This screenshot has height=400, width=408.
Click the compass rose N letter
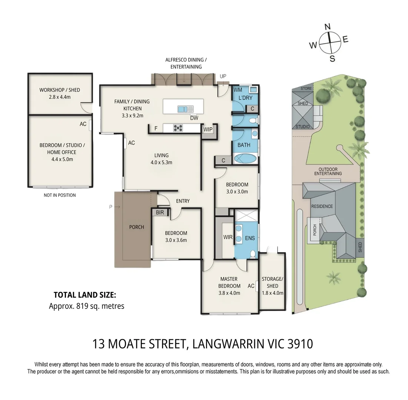(328, 27)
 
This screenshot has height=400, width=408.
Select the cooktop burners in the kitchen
(178, 128)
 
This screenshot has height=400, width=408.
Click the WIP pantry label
(208, 129)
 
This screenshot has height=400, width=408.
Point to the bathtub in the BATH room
(245, 158)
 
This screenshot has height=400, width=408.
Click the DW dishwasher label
(194, 118)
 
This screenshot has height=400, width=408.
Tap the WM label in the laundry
(238, 90)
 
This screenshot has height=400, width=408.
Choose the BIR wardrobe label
(160, 213)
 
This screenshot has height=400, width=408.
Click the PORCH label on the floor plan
(137, 227)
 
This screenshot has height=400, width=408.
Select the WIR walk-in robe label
(228, 237)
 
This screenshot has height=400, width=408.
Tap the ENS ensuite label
(250, 238)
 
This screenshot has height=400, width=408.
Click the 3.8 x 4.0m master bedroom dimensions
(229, 293)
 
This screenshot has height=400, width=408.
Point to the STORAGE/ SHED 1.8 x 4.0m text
(272, 286)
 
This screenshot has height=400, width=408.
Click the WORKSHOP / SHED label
(60, 90)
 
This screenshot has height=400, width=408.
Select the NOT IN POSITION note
(60, 195)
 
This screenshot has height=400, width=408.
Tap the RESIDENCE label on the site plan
(322, 206)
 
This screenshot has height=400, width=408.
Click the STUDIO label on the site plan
(303, 127)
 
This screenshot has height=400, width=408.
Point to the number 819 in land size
(82, 306)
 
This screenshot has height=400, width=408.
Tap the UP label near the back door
(223, 76)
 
